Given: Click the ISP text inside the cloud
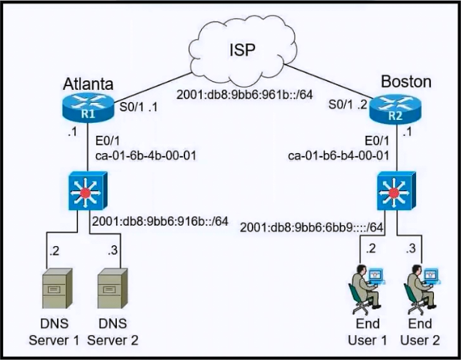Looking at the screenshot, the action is pyautogui.click(x=242, y=50).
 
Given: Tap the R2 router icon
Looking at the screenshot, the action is pyautogui.click(x=395, y=109).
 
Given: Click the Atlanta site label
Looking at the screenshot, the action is pyautogui.click(x=88, y=84).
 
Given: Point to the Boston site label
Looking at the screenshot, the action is pyautogui.click(x=406, y=82).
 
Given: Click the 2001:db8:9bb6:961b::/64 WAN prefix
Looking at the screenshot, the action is pyautogui.click(x=244, y=94).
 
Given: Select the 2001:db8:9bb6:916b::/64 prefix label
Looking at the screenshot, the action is pyautogui.click(x=160, y=221).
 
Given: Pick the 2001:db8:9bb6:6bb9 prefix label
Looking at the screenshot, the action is pyautogui.click(x=312, y=227).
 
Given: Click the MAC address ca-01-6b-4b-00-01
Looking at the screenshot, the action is pyautogui.click(x=145, y=155).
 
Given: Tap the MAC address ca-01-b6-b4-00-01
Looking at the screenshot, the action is pyautogui.click(x=338, y=155).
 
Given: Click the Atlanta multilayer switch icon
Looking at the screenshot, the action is pyautogui.click(x=88, y=190).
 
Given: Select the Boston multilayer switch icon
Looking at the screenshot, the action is pyautogui.click(x=396, y=190).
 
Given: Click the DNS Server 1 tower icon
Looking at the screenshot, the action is pyautogui.click(x=57, y=289).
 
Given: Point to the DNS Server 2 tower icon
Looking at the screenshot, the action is pyautogui.click(x=113, y=289).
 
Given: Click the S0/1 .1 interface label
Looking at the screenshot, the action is pyautogui.click(x=139, y=107).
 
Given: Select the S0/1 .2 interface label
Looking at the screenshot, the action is pyautogui.click(x=348, y=104).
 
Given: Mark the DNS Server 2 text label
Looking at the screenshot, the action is pyautogui.click(x=112, y=331).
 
